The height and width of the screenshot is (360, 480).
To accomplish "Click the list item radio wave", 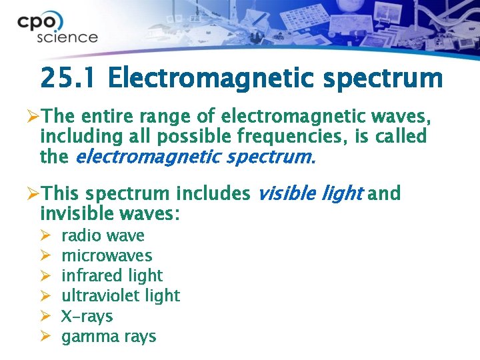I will pyautogui.click(x=103, y=235).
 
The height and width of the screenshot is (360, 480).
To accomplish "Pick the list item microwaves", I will pyautogui.click(x=107, y=255).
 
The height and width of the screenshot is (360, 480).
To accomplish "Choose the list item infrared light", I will pyautogui.click(x=112, y=275).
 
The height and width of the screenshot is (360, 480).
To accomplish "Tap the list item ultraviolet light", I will pyautogui.click(x=121, y=295).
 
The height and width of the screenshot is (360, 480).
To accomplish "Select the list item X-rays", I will pyautogui.click(x=87, y=316).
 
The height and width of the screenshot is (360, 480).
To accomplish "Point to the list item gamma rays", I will pyautogui.click(x=109, y=336).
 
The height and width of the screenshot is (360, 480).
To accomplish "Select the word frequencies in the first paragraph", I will pyautogui.click(x=281, y=138).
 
